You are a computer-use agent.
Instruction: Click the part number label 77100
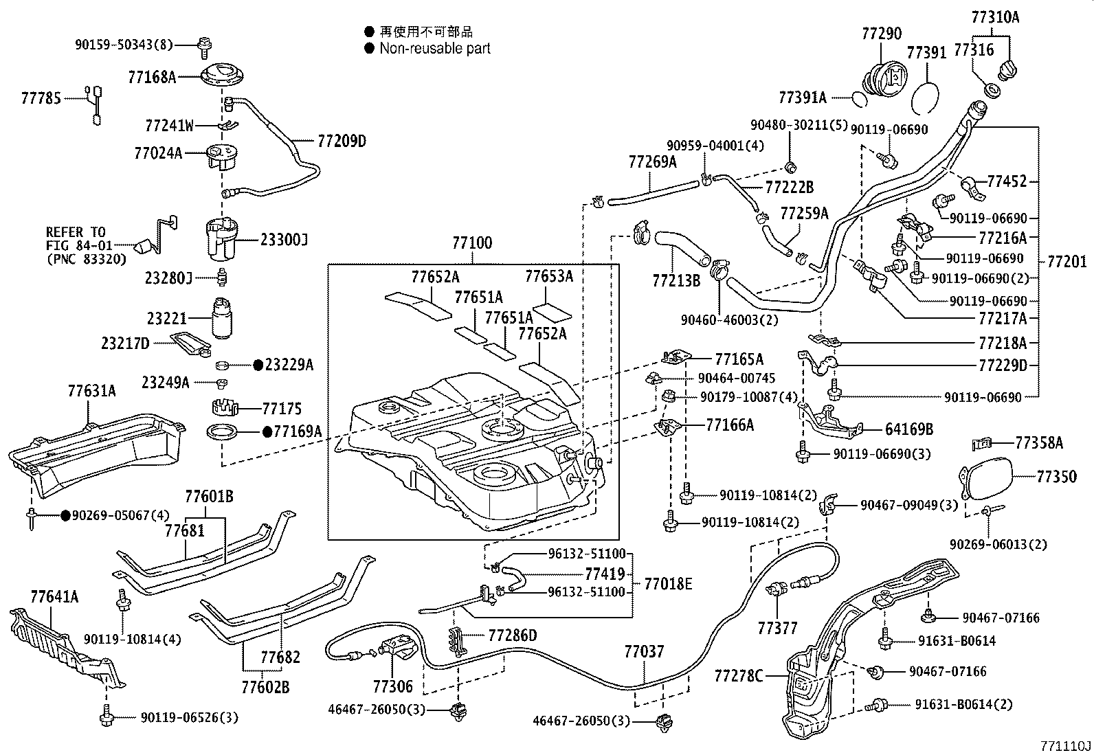(x=471, y=243)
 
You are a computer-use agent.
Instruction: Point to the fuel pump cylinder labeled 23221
(x=223, y=317)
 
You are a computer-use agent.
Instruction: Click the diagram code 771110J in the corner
(x=1064, y=745)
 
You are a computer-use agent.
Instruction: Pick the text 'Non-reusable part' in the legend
(x=435, y=49)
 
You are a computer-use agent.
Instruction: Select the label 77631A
(x=91, y=392)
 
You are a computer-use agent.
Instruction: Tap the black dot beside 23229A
(x=258, y=365)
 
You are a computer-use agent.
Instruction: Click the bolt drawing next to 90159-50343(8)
(x=204, y=45)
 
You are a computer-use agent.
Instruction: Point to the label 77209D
(x=342, y=142)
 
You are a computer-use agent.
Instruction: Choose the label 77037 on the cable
(x=644, y=651)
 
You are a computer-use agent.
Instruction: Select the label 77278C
(x=738, y=676)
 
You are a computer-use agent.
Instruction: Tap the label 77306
(x=393, y=686)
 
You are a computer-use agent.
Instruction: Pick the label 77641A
(x=54, y=596)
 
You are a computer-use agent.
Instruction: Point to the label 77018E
(x=667, y=584)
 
